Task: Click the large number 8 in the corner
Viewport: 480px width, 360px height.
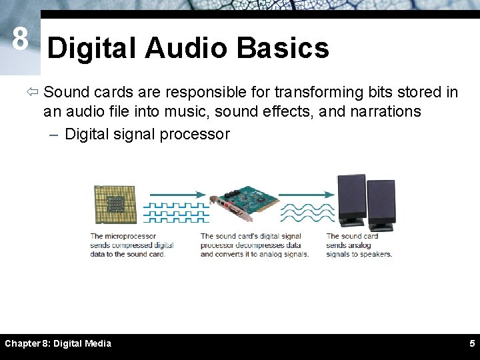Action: click(x=20, y=40)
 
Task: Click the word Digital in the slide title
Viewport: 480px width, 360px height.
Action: click(x=92, y=48)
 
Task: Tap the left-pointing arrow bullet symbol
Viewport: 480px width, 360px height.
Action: click(x=33, y=92)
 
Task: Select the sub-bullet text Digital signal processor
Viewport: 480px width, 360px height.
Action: click(x=147, y=134)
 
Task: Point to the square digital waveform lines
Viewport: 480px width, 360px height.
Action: click(x=176, y=212)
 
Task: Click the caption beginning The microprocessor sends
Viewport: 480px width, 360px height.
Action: click(x=132, y=245)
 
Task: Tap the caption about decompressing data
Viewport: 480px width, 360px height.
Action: click(x=254, y=245)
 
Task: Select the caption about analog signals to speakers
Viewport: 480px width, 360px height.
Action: click(x=359, y=245)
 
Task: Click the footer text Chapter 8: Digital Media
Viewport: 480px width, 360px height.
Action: click(x=58, y=343)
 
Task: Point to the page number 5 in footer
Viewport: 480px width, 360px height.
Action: click(x=471, y=343)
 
